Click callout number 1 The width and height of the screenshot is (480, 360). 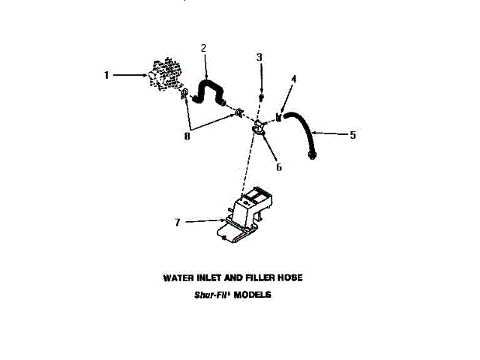[106, 75]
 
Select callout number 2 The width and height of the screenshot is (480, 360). [204, 49]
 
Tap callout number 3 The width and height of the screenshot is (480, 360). [259, 57]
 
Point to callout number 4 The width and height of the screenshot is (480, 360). [293, 79]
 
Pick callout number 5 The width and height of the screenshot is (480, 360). [352, 135]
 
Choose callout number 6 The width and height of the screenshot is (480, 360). [278, 166]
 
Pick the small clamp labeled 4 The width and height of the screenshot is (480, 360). [278, 116]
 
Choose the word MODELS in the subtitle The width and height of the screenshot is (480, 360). [253, 295]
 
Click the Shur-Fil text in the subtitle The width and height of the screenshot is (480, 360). [211, 295]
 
